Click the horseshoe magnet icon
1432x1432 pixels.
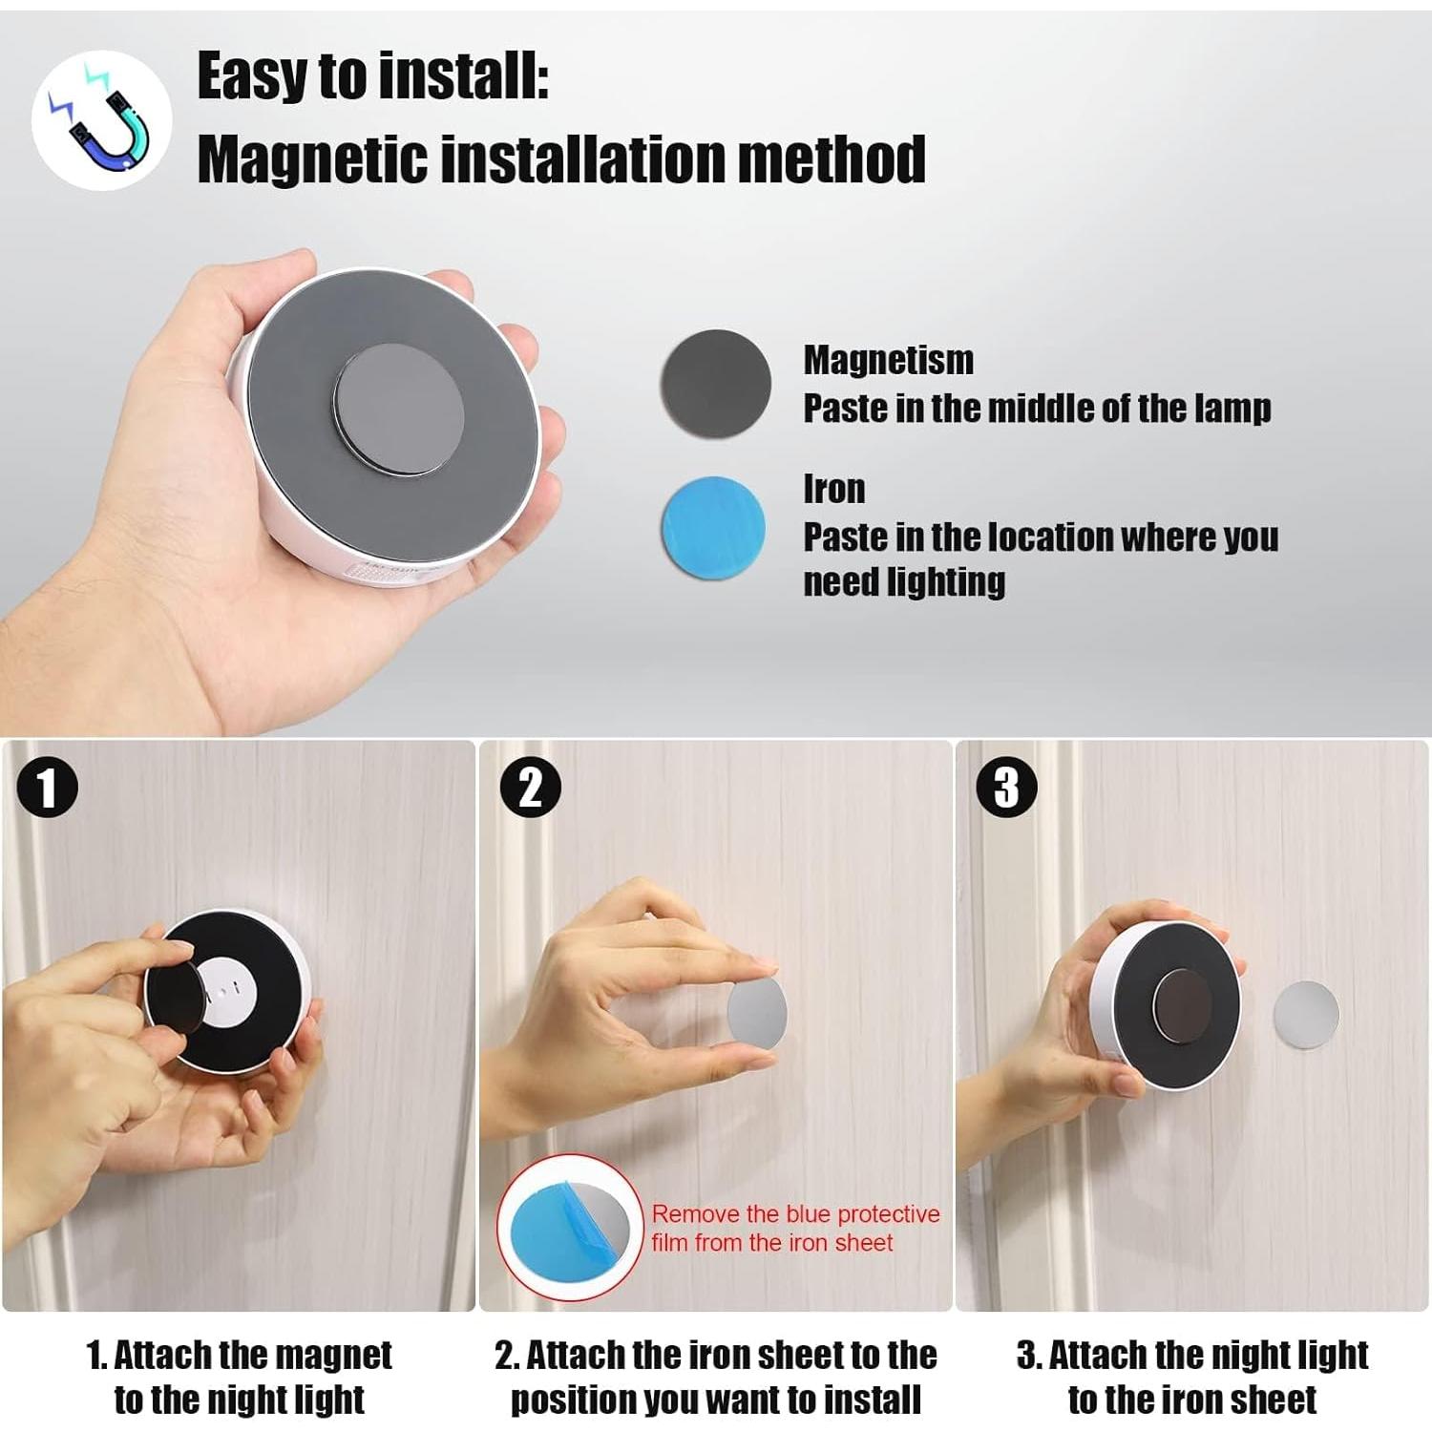click(x=101, y=120)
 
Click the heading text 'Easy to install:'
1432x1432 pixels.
click(x=372, y=75)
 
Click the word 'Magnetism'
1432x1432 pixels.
click(x=888, y=360)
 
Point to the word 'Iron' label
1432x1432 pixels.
click(x=833, y=489)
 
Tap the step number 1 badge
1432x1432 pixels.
click(x=47, y=788)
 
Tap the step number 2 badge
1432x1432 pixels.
click(x=529, y=788)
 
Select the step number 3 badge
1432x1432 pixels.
click(x=1006, y=788)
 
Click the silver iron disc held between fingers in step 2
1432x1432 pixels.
click(x=756, y=1012)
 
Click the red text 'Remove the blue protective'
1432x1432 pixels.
click(x=795, y=1214)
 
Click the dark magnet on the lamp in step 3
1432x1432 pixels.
click(x=1181, y=1008)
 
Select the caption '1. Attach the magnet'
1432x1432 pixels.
click(x=239, y=1355)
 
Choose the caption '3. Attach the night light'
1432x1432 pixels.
click(x=1192, y=1355)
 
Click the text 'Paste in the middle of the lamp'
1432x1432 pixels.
click(x=1037, y=409)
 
